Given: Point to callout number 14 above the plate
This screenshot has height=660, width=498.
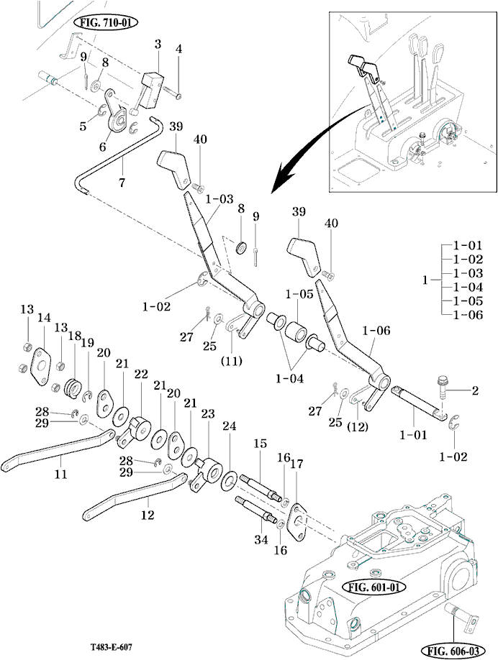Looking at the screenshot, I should (x=45, y=317).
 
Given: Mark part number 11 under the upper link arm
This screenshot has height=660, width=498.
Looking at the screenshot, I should (x=60, y=474).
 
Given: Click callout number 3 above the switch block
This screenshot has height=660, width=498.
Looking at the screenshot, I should (x=158, y=45).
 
